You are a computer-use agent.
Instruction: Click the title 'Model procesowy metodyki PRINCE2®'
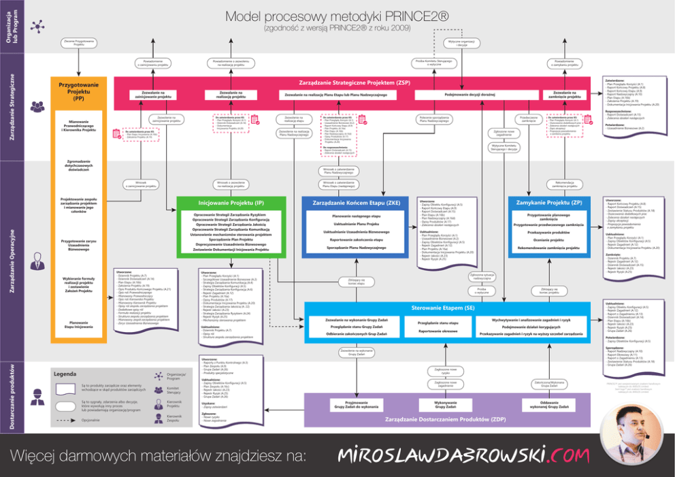coord(337,16)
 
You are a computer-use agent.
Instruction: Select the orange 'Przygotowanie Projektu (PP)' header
coord(79,93)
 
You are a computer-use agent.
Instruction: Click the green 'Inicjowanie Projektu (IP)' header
coord(231,203)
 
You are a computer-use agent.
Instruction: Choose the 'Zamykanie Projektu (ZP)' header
coord(549,203)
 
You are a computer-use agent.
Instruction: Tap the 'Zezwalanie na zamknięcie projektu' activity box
coord(566,94)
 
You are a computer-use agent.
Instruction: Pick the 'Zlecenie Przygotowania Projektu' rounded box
coord(79,43)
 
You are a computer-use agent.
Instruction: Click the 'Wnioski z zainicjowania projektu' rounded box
coord(141,184)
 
